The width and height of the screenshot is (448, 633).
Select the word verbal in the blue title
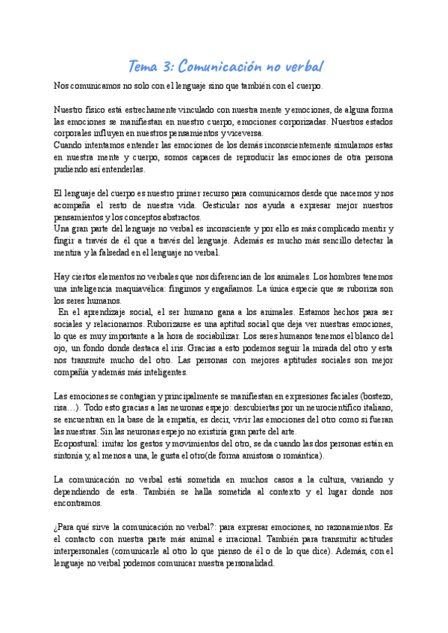pos(302,67)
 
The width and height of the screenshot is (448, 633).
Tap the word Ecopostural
pos(78,445)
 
